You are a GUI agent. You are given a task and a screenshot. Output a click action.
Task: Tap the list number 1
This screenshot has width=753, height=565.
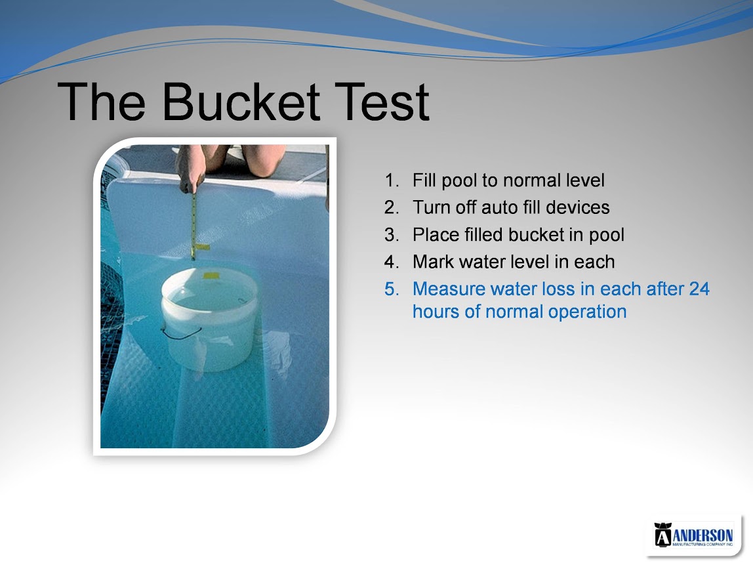[x=392, y=180]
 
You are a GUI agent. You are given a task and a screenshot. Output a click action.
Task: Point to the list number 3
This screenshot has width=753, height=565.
[x=392, y=235]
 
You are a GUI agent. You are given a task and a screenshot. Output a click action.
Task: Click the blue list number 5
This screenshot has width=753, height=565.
[x=392, y=289]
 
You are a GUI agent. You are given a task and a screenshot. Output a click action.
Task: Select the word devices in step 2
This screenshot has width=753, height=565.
[x=578, y=207]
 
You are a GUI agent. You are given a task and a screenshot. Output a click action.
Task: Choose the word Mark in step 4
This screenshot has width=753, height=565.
[x=433, y=262]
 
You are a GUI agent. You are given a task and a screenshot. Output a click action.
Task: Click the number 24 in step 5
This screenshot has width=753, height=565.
[x=699, y=289]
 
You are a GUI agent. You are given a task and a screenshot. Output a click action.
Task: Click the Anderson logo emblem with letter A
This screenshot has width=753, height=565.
[x=663, y=534]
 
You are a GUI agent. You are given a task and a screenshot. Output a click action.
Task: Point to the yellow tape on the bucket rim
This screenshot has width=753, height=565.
[x=211, y=276]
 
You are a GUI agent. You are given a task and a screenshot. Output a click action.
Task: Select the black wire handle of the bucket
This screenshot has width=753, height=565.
[x=180, y=333]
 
